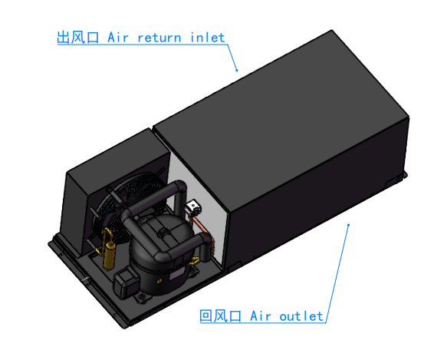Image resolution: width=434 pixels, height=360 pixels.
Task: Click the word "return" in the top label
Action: pos(159,38)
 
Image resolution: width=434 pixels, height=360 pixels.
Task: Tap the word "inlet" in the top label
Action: pos(208,38)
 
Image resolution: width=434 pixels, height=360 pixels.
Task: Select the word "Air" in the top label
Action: pos(118,38)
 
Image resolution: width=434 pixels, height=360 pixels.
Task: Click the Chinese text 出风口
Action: pos(77,38)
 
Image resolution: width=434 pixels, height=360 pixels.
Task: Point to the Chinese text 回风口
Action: pos(220,315)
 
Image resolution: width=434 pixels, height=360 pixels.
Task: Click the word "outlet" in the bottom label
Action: pos(301,316)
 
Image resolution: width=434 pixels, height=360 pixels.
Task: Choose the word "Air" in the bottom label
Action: pos(261,316)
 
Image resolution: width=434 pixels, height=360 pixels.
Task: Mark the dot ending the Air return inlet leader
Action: pos(237,71)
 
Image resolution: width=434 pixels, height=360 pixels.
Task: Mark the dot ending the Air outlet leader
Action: pos(348,225)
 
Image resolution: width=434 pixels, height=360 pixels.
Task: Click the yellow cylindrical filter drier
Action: pos(109,255)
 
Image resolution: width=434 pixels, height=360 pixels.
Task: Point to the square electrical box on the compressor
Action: pos(126,282)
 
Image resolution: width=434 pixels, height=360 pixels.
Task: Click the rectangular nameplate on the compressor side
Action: pos(177,274)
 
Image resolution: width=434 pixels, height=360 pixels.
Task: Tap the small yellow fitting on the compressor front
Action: pos(159,282)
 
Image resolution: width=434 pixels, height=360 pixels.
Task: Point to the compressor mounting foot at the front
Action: pos(143,298)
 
